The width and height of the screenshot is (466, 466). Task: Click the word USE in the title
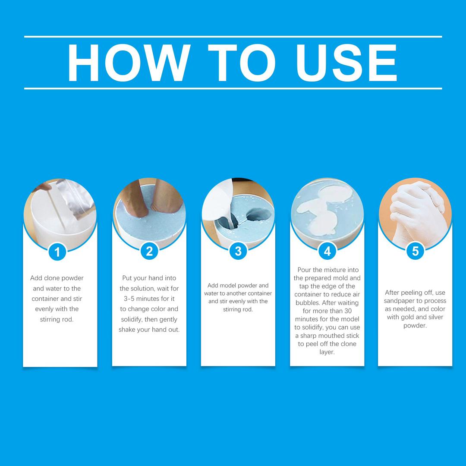click(346, 63)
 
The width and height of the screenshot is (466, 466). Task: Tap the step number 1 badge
click(57, 252)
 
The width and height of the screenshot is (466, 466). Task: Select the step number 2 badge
click(149, 251)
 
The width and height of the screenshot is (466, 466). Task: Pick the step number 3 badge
click(238, 251)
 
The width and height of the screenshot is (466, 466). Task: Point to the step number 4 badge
click(327, 251)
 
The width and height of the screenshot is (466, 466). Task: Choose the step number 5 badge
click(415, 251)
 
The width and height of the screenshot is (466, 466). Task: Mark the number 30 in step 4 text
click(348, 311)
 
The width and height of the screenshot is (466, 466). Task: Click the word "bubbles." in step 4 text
click(308, 303)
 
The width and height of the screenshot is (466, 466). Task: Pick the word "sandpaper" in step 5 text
click(399, 301)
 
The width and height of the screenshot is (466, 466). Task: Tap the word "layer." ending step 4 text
click(327, 352)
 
